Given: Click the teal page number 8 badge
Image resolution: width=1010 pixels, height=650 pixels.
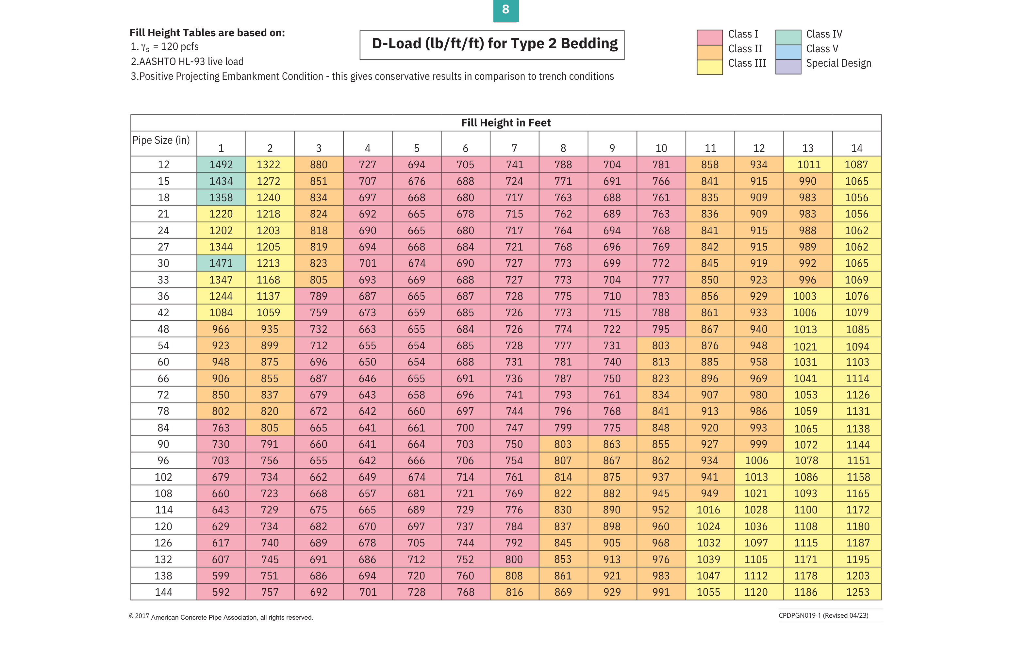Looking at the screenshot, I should pyautogui.click(x=505, y=10).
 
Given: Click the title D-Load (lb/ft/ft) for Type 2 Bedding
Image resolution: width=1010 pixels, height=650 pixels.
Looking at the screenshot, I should pyautogui.click(x=494, y=44).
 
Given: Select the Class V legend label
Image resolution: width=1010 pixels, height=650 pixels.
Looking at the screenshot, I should pyautogui.click(x=822, y=49).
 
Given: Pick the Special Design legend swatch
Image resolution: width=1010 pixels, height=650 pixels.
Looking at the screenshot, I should pyautogui.click(x=788, y=67).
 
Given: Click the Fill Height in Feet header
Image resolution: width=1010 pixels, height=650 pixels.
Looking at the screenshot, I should pyautogui.click(x=505, y=123).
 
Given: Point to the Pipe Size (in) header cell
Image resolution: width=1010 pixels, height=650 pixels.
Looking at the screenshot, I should pyautogui.click(x=161, y=140).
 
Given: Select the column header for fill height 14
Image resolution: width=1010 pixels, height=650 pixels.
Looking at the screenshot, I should pyautogui.click(x=856, y=148).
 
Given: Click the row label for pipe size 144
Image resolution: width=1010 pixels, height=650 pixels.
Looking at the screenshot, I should pyautogui.click(x=163, y=592).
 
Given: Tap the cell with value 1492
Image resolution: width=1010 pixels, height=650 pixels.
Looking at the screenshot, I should pyautogui.click(x=221, y=165).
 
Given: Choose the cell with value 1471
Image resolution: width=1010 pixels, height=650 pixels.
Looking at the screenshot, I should pyautogui.click(x=221, y=263).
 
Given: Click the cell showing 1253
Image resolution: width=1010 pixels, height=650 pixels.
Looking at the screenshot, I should pyautogui.click(x=857, y=592).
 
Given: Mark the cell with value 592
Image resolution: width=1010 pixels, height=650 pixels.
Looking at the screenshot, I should pyautogui.click(x=221, y=592).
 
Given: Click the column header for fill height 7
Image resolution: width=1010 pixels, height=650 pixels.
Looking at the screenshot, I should pyautogui.click(x=514, y=148).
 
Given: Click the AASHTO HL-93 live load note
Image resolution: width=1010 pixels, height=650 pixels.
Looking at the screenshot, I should pyautogui.click(x=187, y=62).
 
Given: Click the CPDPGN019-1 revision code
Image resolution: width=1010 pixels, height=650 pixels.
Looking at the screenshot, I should pyautogui.click(x=823, y=615).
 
